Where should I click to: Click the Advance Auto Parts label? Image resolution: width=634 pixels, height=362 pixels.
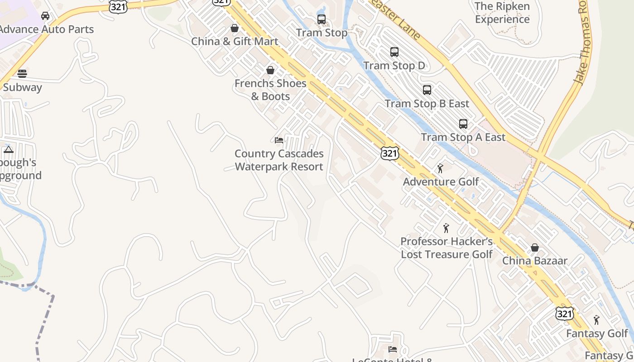[47, 29]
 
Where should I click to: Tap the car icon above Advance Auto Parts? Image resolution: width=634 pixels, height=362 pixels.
[45, 16]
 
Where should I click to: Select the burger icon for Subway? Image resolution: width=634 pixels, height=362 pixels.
[22, 74]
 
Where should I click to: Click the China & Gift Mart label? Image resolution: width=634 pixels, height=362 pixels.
[235, 41]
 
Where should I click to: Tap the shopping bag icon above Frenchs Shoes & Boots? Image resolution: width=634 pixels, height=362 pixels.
[270, 70]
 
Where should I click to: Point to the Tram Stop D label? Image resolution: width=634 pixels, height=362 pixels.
[394, 66]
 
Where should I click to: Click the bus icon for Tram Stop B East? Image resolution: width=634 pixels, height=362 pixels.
[427, 90]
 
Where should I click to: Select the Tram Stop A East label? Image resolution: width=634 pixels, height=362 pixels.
[463, 137]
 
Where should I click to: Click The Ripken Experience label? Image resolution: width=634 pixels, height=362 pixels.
[502, 13]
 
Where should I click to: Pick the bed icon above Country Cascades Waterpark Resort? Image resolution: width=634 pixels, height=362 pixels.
[279, 140]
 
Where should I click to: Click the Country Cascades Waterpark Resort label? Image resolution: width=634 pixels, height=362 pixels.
[279, 160]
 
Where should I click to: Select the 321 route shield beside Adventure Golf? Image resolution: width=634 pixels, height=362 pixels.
[389, 153]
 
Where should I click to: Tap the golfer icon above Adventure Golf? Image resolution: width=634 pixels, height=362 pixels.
[440, 168]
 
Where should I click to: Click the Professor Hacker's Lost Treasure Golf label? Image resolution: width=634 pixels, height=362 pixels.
[447, 248]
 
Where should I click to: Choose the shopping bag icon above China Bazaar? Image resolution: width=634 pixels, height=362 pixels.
[535, 248]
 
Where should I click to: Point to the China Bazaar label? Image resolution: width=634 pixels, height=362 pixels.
[535, 261]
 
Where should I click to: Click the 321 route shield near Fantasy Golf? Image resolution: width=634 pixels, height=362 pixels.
[564, 313]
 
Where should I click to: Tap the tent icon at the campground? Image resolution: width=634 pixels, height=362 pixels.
[9, 149]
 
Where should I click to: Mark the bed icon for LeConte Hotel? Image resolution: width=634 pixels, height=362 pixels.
[393, 349]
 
